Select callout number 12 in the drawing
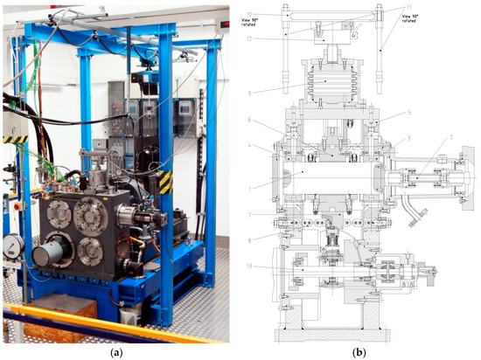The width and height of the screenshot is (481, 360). tap(249, 38)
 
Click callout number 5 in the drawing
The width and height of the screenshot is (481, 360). tap(384, 113)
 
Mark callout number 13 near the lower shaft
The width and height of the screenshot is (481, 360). tap(249, 266)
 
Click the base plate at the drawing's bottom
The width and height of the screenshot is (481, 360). tap(324, 334)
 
